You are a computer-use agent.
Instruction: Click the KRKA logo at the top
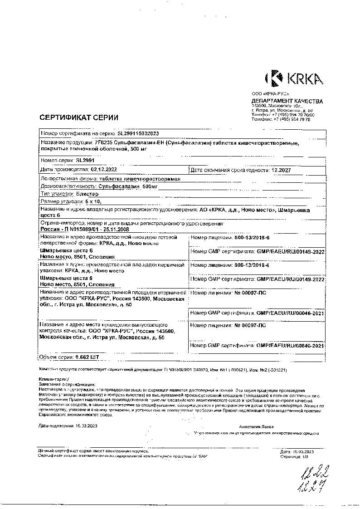click(x=294, y=78)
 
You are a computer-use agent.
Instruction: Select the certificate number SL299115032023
click(x=138, y=134)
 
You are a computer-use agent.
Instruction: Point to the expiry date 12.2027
click(x=281, y=170)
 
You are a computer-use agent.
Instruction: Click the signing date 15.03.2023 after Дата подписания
click(x=86, y=426)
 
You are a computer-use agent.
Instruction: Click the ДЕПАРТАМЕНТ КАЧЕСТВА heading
click(x=287, y=101)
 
